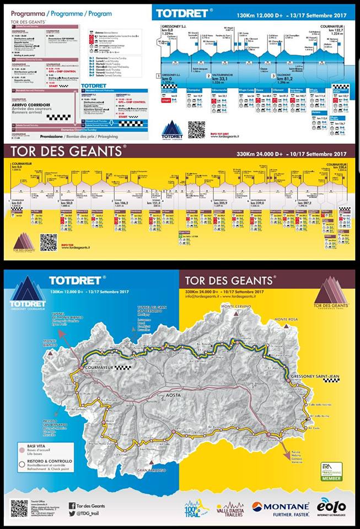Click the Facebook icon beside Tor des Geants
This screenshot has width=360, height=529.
tap(72, 505)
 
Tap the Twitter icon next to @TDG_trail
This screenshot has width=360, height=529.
tap(72, 514)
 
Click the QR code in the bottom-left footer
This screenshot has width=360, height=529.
tap(19, 509)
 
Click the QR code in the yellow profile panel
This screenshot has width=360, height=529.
tap(49, 242)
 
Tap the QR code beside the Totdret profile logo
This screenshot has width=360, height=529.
tap(196, 129)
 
